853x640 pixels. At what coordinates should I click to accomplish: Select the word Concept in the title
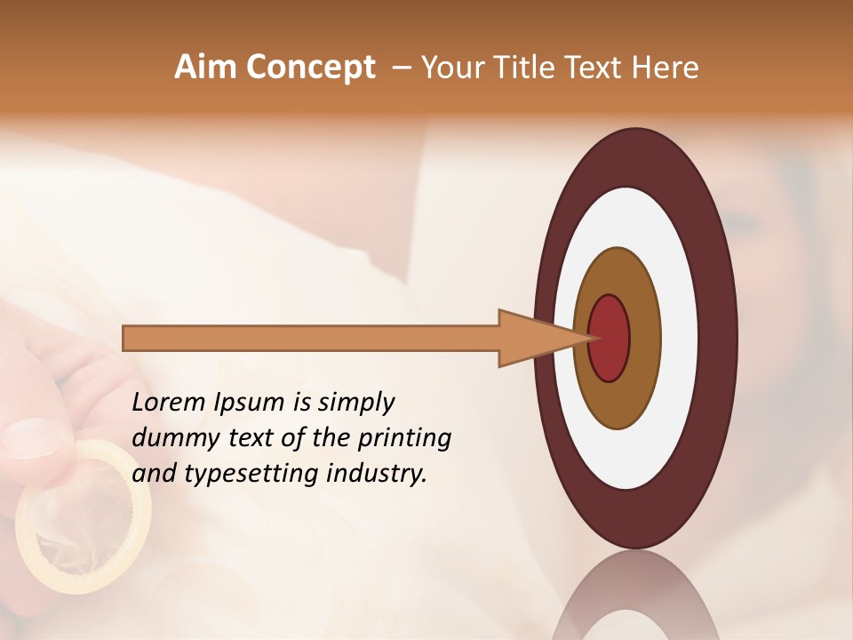[309, 68]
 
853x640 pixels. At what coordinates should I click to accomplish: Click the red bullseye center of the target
[610, 338]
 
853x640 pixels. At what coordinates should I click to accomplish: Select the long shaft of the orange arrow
[311, 338]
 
